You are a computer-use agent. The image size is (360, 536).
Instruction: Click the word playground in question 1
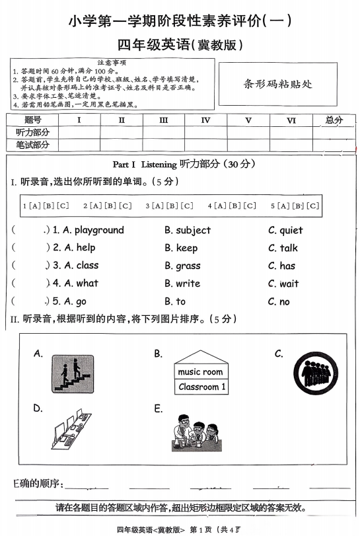click(x=99, y=230)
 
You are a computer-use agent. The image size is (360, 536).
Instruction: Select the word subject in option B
click(x=193, y=230)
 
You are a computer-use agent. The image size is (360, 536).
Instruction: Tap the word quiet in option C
click(x=291, y=230)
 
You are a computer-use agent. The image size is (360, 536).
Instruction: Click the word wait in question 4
click(x=289, y=284)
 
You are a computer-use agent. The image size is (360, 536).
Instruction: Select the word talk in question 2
click(x=289, y=248)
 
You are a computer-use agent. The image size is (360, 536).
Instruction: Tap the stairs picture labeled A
click(x=71, y=374)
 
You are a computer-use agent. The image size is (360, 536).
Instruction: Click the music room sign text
click(x=201, y=372)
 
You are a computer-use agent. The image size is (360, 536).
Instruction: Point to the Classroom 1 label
click(x=201, y=387)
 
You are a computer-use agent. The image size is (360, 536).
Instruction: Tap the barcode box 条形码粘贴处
click(x=277, y=84)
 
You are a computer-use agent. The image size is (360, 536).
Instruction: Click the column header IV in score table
click(x=205, y=120)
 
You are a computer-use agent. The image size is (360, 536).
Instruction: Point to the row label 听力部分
click(x=32, y=132)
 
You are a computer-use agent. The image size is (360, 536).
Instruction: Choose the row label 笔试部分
click(x=32, y=145)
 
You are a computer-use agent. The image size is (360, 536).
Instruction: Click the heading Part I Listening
click(x=145, y=164)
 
